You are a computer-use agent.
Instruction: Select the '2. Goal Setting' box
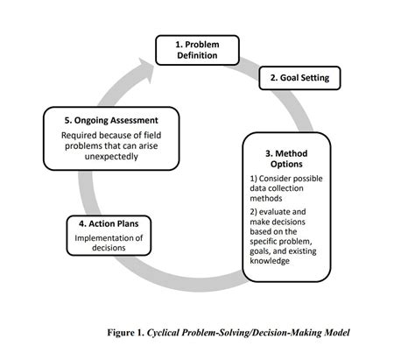pos(299,77)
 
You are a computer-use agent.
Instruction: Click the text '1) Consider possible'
pos(290,180)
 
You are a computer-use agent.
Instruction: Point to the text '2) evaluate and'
pos(281,212)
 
